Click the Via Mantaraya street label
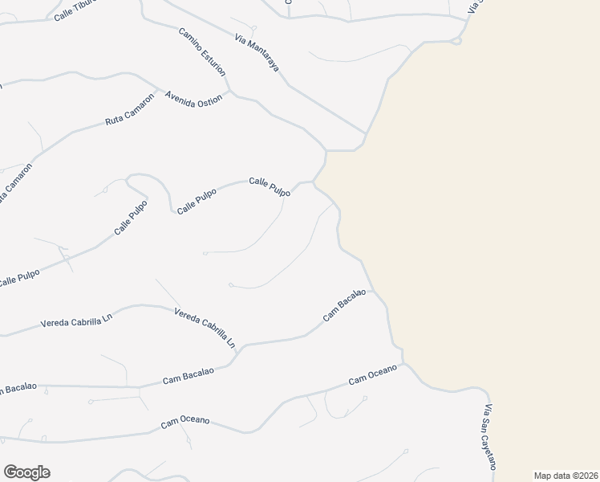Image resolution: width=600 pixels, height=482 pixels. [257, 54]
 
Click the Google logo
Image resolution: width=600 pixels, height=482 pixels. [26, 472]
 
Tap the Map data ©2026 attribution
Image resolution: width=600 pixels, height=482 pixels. [566, 476]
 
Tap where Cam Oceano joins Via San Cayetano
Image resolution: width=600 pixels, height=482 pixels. [404, 364]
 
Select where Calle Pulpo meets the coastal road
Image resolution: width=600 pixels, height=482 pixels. [314, 182]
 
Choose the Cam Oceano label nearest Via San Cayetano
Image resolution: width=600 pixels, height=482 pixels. [373, 379]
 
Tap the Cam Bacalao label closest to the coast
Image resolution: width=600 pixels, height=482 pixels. [344, 305]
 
